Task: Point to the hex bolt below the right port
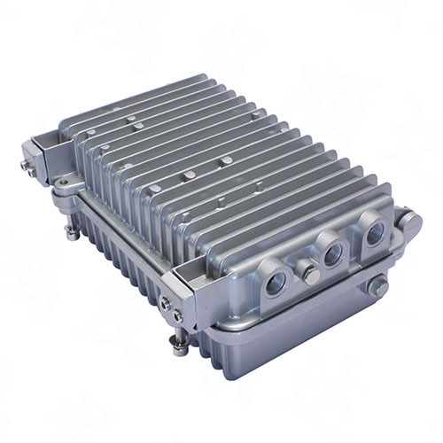[x=377, y=285]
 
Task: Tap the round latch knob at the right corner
[x=409, y=221]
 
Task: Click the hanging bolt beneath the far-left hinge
[x=70, y=231]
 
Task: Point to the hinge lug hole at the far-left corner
[x=62, y=183]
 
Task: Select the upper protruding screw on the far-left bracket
[x=25, y=164]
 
